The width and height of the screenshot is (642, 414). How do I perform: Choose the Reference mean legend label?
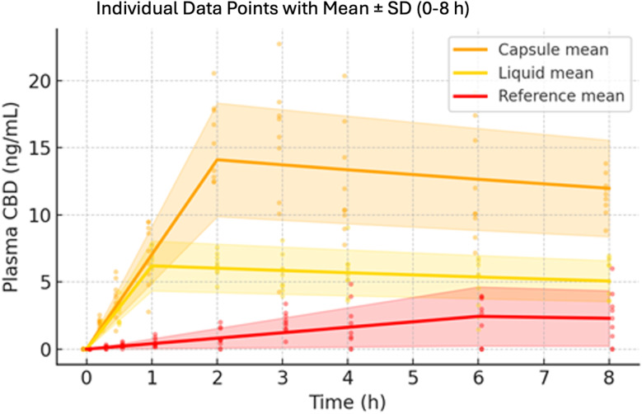pos(560,96)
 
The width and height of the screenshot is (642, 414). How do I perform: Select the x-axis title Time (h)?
pos(346,401)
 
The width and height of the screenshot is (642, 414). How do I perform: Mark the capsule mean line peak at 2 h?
pos(216,159)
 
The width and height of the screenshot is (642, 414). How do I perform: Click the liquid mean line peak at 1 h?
pos(151,265)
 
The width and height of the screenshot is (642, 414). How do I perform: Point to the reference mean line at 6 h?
pos(478,316)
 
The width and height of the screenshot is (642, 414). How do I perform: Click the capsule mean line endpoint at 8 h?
pos(609,188)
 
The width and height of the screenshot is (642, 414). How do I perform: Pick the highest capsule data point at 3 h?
pos(281,44)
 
